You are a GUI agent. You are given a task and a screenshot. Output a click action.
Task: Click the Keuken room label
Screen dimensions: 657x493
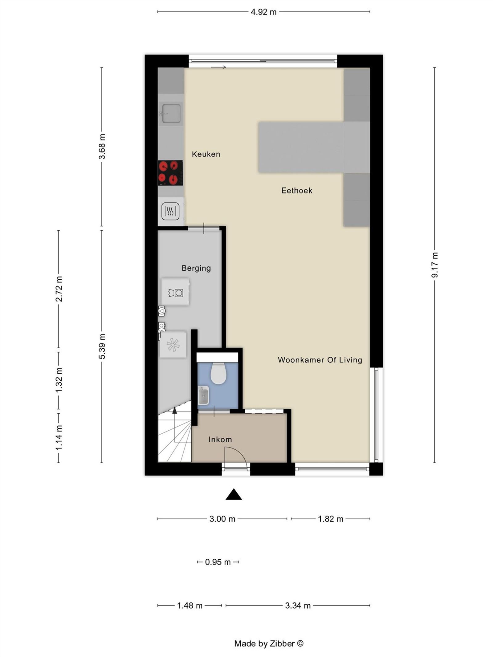tap(206, 154)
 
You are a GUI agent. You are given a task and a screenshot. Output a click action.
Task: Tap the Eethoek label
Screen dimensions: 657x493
tap(297, 190)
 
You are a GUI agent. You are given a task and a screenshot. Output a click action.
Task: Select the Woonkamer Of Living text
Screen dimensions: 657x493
tap(320, 360)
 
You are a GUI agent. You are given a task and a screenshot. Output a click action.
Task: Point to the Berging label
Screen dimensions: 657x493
tap(196, 268)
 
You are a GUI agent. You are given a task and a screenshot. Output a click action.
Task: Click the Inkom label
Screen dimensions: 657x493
tap(220, 439)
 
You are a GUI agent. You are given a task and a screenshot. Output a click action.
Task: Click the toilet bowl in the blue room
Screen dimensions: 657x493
tap(218, 374)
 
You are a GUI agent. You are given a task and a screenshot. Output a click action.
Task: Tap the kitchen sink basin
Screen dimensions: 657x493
tap(171, 113)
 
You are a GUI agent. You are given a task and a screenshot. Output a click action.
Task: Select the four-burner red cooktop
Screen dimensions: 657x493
tap(170, 173)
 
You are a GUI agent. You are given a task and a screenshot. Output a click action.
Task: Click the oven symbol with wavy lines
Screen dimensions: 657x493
tap(170, 211)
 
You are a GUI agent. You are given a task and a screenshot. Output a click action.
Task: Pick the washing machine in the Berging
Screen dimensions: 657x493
tap(175, 292)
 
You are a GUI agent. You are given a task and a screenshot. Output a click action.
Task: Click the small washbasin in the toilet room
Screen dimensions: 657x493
tap(203, 395)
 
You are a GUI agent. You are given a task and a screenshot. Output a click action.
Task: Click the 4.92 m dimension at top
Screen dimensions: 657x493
tap(263, 12)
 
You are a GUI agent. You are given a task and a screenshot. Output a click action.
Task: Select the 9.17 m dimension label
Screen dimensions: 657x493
tap(434, 265)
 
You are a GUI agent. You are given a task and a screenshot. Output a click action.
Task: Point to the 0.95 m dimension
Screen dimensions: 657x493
tap(218, 562)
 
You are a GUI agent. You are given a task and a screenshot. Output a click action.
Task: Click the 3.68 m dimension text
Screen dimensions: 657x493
tap(102, 146)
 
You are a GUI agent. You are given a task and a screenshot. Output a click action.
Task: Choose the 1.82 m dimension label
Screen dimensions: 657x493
tap(330, 519)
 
